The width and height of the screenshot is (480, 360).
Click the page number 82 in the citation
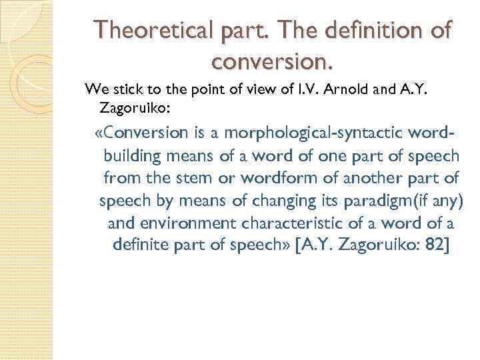tap(437, 246)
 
